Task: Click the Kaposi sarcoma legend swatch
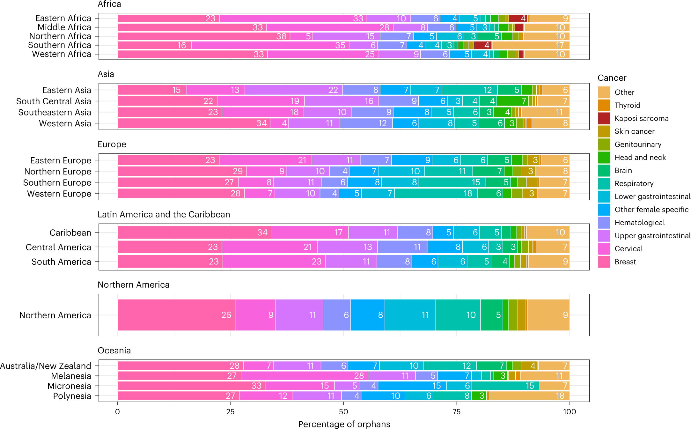click(604, 118)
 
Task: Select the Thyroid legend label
click(627, 105)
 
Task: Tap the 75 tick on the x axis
click(456, 412)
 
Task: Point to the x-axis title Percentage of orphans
click(344, 424)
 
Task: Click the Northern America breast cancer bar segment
click(176, 315)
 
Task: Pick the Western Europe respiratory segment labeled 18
click(436, 193)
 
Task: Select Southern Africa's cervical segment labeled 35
click(270, 45)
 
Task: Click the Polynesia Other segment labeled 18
click(530, 396)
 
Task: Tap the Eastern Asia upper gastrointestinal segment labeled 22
click(293, 90)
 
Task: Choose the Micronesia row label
click(69, 386)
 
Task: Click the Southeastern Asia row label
click(55, 112)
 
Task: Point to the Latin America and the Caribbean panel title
click(164, 214)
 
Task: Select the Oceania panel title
click(114, 351)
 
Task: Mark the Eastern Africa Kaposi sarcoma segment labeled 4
click(518, 18)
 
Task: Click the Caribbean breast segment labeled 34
click(194, 233)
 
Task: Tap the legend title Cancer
click(612, 78)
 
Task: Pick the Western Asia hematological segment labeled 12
click(366, 123)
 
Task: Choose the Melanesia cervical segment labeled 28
click(304, 376)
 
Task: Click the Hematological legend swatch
click(604, 223)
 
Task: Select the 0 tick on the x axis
click(117, 412)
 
